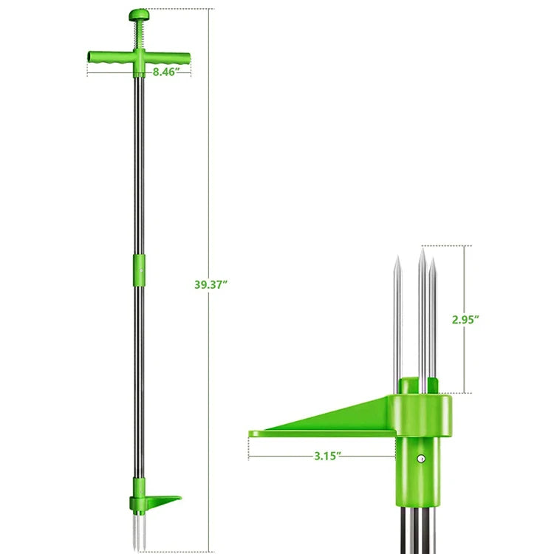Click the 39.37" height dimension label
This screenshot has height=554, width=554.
(211, 284)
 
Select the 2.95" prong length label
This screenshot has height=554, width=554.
(465, 319)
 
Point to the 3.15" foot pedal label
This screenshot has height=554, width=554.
(328, 456)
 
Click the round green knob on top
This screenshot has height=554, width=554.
(139, 15)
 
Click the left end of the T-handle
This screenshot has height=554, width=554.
(89, 57)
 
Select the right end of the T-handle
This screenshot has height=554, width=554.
(189, 57)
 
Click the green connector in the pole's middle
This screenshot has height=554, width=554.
(139, 270)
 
